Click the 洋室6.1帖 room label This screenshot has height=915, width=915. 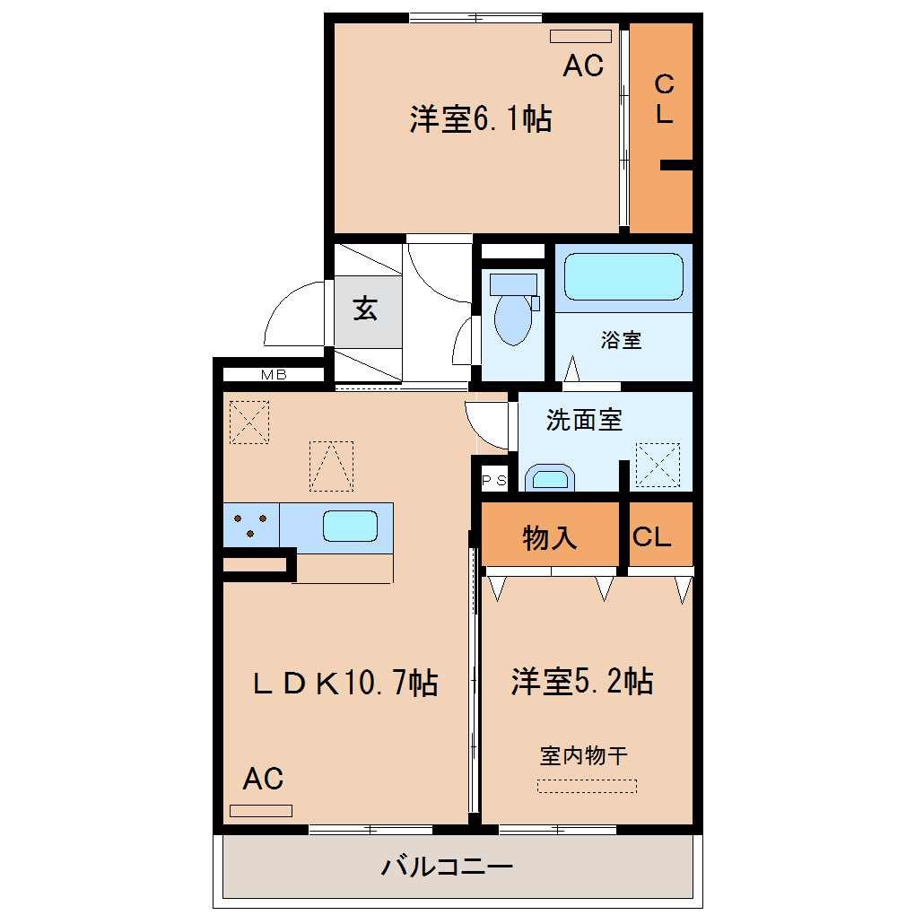[480, 118]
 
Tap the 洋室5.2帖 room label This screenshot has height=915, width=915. [582, 681]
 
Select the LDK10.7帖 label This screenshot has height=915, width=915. [344, 682]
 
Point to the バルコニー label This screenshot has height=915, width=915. [447, 866]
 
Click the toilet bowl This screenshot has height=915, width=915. [513, 319]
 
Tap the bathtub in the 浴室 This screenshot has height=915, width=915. [623, 276]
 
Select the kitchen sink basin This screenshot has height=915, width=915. [350, 526]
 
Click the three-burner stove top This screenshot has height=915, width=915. [251, 525]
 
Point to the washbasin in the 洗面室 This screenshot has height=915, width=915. [550, 478]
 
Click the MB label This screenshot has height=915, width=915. [274, 375]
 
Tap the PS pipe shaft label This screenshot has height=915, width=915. [493, 481]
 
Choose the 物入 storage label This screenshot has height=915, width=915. [549, 537]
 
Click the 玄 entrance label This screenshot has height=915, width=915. [365, 308]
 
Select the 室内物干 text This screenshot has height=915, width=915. [584, 755]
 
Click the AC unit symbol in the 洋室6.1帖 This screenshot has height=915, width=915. [580, 36]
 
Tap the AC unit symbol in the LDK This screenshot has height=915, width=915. [261, 811]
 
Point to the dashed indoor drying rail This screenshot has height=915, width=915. [587, 786]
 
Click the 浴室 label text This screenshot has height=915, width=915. [622, 340]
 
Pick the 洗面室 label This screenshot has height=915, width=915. [584, 420]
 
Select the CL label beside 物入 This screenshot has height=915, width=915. [652, 536]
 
